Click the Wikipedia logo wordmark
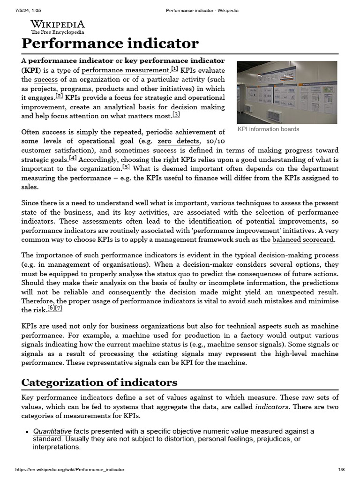57,24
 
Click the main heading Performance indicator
110,44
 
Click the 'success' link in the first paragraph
45,80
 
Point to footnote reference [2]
59,96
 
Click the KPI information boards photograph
287,92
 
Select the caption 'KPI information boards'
268,129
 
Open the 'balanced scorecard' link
303,240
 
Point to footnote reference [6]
51,308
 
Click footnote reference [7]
59,308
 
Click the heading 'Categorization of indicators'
99,382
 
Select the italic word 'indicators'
270,407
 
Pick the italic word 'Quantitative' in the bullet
52,431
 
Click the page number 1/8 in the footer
341,470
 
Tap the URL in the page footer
70,470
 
